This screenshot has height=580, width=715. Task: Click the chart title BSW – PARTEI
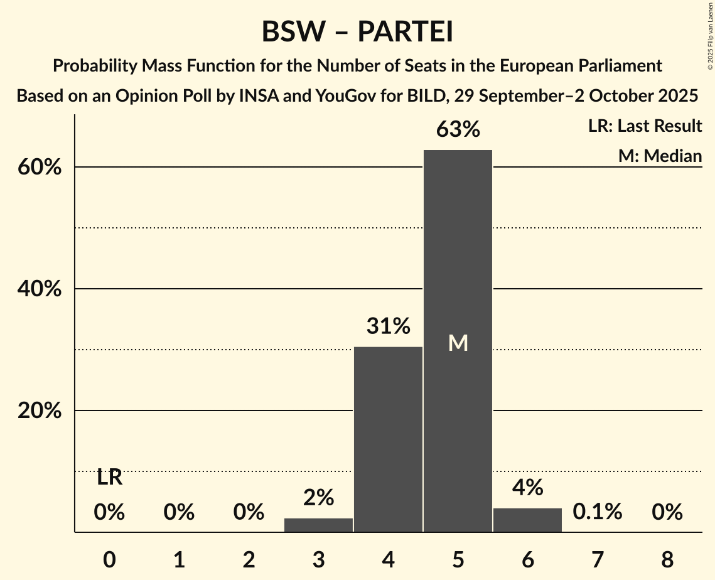357,31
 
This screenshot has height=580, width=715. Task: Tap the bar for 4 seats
388,439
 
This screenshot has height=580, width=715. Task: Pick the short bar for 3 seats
318,525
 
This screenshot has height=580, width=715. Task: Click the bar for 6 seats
527,520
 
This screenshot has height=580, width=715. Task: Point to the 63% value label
458,130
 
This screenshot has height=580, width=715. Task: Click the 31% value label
388,326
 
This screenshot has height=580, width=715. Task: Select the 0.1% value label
597,512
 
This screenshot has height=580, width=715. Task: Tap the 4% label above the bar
527,488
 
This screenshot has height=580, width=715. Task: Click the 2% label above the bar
318,498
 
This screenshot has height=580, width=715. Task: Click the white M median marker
458,343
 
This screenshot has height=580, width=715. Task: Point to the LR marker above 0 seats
109,478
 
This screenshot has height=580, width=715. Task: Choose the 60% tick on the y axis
43,168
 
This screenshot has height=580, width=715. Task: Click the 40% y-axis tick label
43,289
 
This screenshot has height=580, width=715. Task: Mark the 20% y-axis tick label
43,411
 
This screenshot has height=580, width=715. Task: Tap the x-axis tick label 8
667,559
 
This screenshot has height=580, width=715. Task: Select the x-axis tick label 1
179,559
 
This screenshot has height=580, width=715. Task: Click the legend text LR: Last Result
645,126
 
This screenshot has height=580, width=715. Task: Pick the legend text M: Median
660,156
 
